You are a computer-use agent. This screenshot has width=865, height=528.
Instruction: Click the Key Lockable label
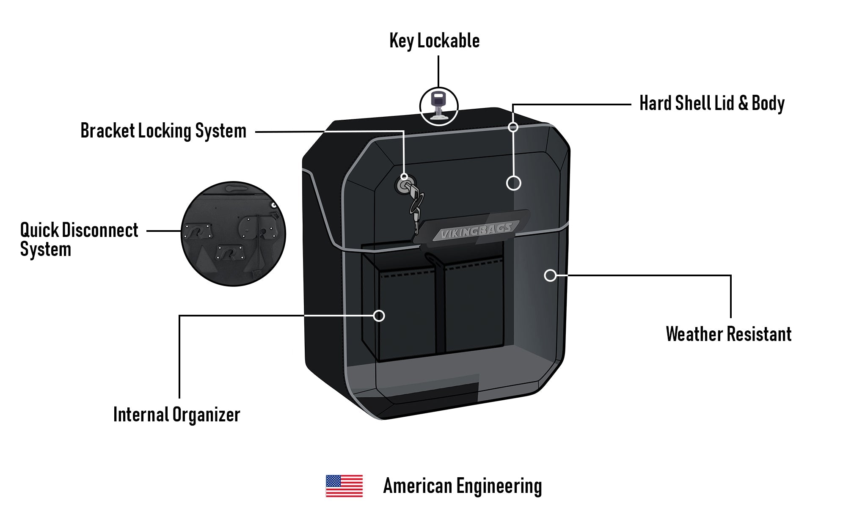click(434, 41)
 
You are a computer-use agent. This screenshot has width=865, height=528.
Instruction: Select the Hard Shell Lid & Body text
click(712, 103)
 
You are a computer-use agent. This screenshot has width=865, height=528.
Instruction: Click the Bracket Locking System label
click(163, 131)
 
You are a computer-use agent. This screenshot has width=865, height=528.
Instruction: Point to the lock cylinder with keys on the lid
click(405, 186)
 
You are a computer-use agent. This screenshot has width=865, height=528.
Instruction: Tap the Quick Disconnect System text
click(79, 239)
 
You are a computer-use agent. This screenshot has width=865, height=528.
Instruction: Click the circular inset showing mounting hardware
click(233, 234)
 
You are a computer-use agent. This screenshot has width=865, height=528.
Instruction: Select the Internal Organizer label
click(176, 415)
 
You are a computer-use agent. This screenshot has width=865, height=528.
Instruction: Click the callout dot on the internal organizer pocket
click(379, 316)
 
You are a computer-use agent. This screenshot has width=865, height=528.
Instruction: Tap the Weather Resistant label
click(728, 334)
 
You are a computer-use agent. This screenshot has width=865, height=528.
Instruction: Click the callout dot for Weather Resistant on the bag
click(550, 275)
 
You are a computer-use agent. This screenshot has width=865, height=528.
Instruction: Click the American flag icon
click(344, 486)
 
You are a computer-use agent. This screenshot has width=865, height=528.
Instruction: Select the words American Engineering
click(462, 486)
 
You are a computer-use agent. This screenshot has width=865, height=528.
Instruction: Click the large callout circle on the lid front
click(513, 183)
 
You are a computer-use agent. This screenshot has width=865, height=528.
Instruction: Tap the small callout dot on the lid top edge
click(513, 127)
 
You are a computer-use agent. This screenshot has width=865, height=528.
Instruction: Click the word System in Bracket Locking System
click(220, 131)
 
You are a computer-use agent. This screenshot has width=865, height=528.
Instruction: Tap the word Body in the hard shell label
click(768, 103)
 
